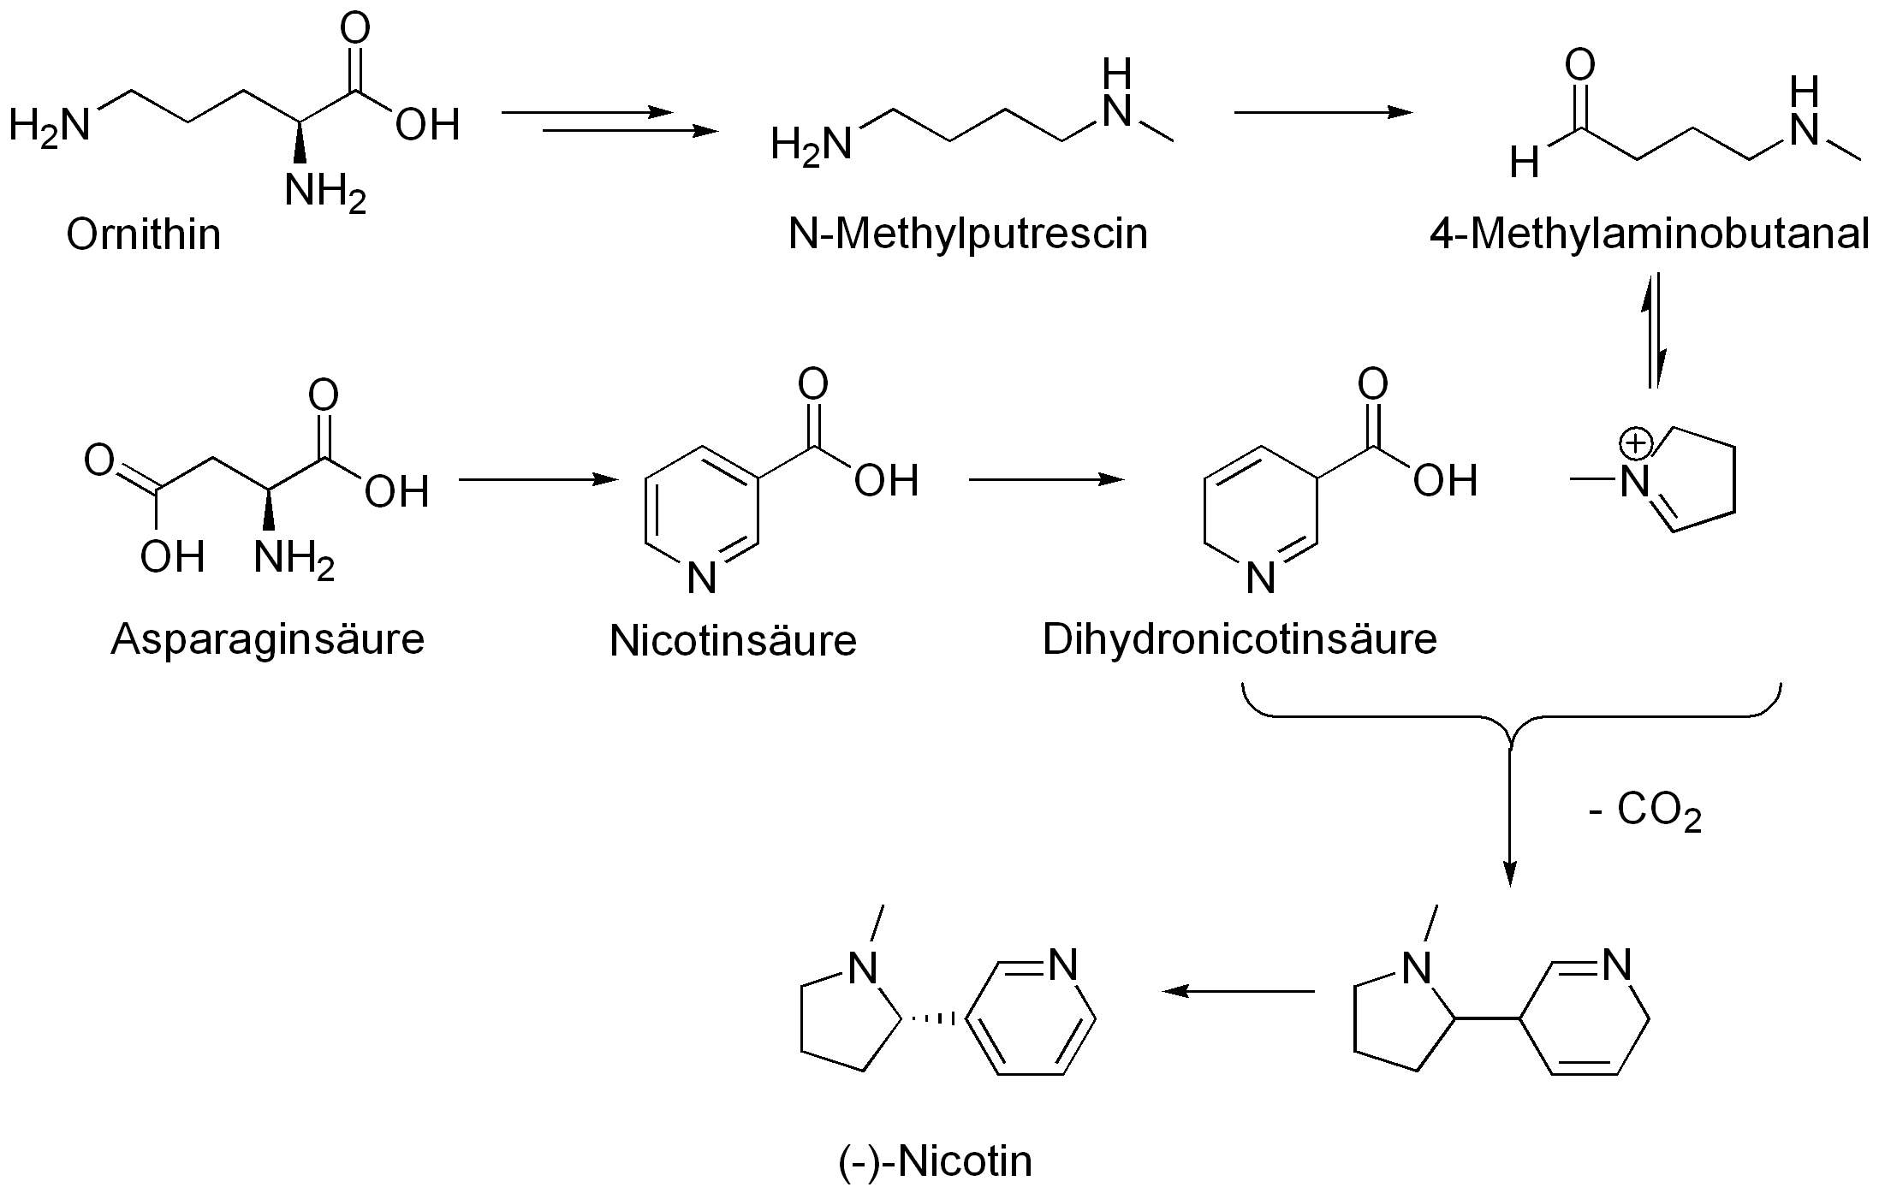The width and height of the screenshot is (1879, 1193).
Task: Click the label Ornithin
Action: click(x=143, y=234)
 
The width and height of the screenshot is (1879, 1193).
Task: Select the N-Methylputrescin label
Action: click(x=967, y=234)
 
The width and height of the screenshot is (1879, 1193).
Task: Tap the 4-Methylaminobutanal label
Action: click(x=1650, y=234)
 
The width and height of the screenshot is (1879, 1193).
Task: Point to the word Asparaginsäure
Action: click(x=267, y=638)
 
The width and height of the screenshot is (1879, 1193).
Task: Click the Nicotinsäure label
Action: click(x=733, y=640)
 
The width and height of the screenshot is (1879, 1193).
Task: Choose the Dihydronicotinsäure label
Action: click(x=1240, y=638)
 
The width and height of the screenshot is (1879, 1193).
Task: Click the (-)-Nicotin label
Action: click(x=935, y=1161)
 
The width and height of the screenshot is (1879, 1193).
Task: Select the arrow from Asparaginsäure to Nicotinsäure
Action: click(x=538, y=480)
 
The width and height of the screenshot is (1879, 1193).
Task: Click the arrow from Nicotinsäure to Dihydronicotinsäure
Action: click(x=1045, y=480)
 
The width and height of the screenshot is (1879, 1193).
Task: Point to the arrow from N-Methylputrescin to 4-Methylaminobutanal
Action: click(x=1323, y=112)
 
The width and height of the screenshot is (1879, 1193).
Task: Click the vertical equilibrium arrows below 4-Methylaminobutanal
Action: click(x=1655, y=330)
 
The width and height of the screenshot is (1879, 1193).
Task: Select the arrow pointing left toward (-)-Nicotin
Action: click(x=1238, y=991)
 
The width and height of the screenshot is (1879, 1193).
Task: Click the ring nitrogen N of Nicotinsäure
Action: click(x=701, y=579)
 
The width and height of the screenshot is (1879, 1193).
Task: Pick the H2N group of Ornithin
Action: click(x=49, y=126)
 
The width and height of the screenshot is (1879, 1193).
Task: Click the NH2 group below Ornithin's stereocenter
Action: click(x=324, y=190)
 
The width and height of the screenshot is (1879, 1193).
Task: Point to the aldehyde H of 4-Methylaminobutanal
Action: click(x=1524, y=162)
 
